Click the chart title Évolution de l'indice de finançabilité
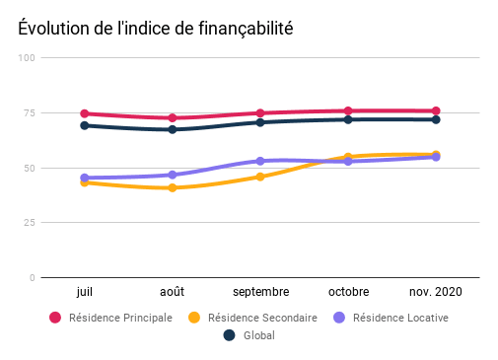155,29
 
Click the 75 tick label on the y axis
30,113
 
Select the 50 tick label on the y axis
30,168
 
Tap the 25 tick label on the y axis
30,223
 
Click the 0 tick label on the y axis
32,278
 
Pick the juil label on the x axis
85,292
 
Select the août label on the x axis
173,292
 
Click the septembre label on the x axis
260,292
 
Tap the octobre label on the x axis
348,292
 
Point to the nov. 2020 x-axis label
435,292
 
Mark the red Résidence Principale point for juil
85,113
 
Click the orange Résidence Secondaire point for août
173,187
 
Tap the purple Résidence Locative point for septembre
260,161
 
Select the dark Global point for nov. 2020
435,119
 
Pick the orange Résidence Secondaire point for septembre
260,177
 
